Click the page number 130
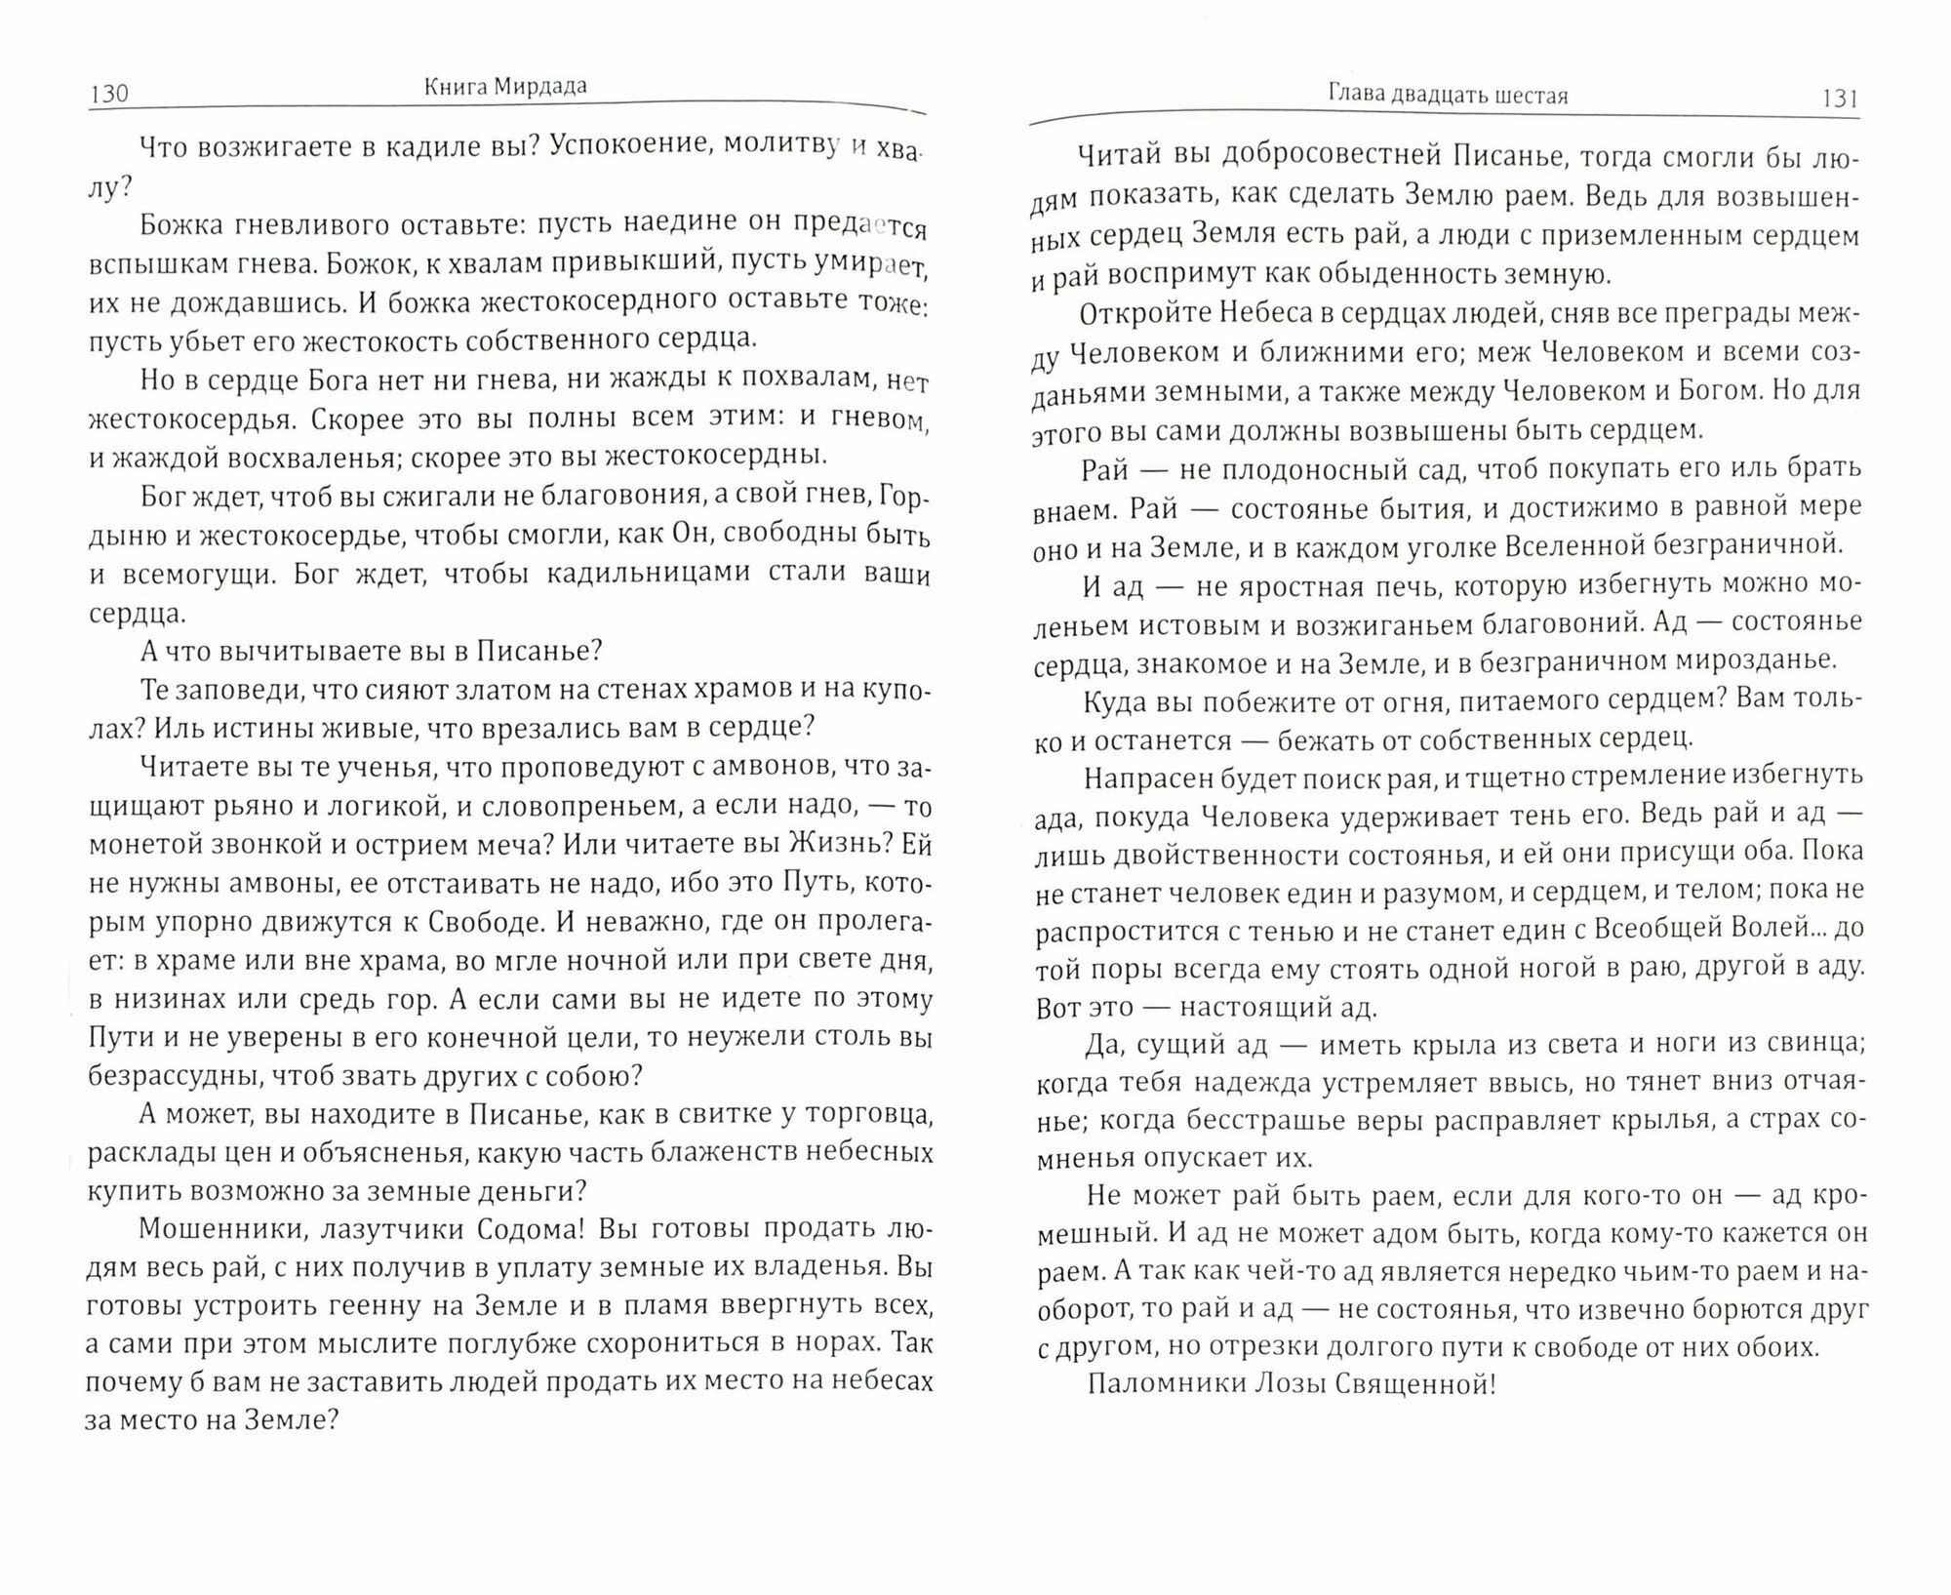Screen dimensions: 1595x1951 [x=108, y=94]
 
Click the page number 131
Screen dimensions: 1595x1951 [x=1837, y=98]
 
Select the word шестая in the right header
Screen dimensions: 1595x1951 [x=1533, y=96]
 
